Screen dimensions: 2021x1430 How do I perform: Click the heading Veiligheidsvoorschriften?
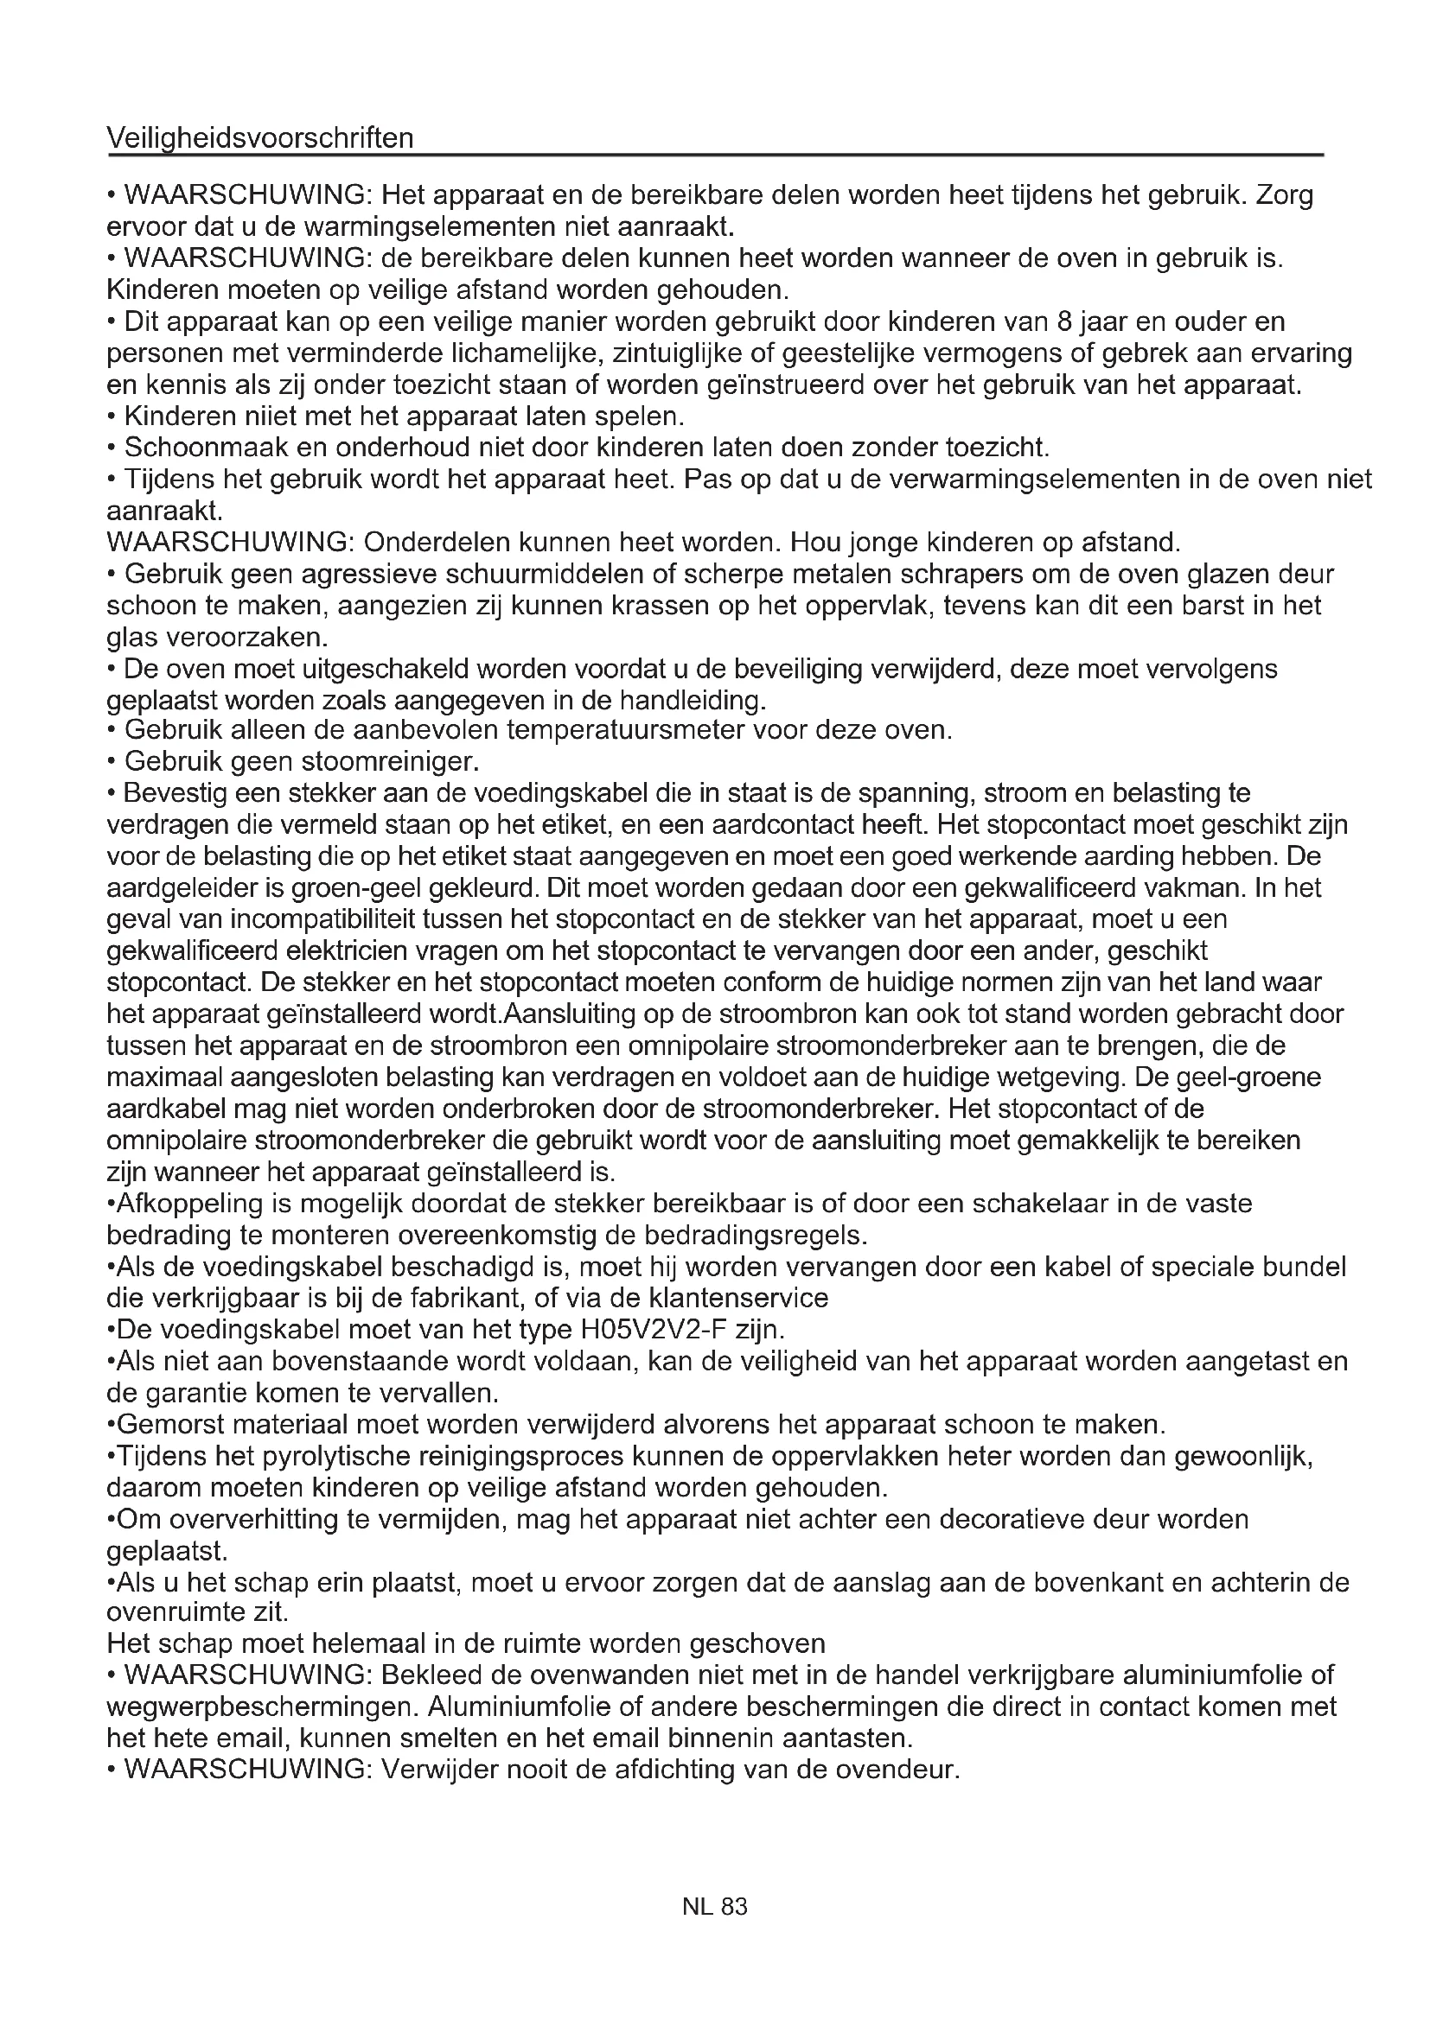tap(259, 138)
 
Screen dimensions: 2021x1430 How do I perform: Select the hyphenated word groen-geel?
tap(344, 887)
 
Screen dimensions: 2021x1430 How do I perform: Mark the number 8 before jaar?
tap(1062, 321)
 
